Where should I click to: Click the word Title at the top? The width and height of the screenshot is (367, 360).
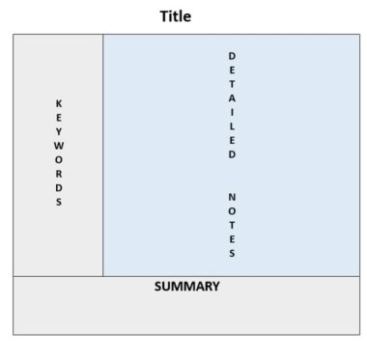click(x=175, y=16)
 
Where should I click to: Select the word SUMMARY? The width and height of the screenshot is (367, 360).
click(x=186, y=287)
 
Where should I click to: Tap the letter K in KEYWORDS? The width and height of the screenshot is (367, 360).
click(x=58, y=102)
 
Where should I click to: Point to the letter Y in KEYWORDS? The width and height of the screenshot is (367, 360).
click(x=58, y=130)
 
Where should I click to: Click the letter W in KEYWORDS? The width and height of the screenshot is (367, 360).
click(x=58, y=145)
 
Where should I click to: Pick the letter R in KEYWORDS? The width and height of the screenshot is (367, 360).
click(x=58, y=174)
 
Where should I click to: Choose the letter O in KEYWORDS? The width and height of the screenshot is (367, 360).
click(x=58, y=159)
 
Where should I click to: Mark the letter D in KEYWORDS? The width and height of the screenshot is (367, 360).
click(x=58, y=187)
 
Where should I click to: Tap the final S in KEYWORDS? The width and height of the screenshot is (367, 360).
click(x=58, y=202)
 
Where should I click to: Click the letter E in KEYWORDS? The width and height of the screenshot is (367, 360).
click(x=58, y=117)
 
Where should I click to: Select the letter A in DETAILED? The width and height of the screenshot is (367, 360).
click(x=232, y=97)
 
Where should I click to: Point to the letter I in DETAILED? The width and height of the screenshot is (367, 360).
click(x=232, y=112)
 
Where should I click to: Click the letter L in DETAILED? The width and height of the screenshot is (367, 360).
click(x=232, y=125)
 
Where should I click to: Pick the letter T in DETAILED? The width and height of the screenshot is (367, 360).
click(x=232, y=83)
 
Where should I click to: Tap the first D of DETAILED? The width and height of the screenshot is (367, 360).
click(x=232, y=55)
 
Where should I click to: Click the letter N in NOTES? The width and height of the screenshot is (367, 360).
click(x=232, y=197)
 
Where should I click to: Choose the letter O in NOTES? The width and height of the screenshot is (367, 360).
click(x=232, y=211)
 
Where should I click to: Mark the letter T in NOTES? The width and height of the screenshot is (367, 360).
click(x=232, y=225)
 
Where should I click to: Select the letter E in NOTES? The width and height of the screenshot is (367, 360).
click(x=232, y=239)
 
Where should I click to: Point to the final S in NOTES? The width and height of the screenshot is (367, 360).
click(x=232, y=254)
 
